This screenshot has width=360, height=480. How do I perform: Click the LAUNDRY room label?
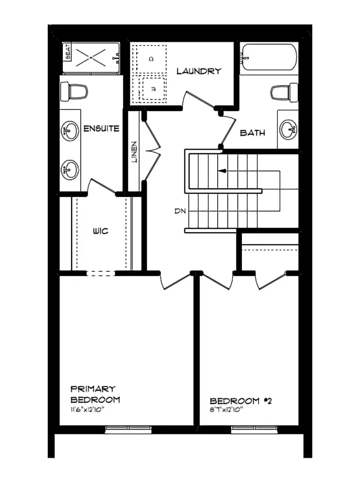(x=199, y=71)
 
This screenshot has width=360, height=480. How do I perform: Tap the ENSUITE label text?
(x=101, y=128)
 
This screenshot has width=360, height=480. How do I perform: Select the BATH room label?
(x=252, y=133)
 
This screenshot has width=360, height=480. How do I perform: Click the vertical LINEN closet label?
(x=134, y=152)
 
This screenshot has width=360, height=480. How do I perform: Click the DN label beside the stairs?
(x=180, y=211)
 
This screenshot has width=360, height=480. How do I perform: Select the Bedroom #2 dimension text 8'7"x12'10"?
(x=226, y=410)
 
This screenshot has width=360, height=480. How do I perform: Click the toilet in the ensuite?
(x=74, y=92)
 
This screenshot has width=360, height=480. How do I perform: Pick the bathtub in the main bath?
(x=269, y=59)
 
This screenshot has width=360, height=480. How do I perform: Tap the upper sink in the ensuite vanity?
(x=70, y=131)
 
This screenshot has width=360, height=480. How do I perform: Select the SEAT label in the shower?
(x=67, y=52)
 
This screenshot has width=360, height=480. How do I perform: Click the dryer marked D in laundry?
(x=151, y=59)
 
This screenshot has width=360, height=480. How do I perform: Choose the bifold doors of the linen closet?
(x=152, y=151)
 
